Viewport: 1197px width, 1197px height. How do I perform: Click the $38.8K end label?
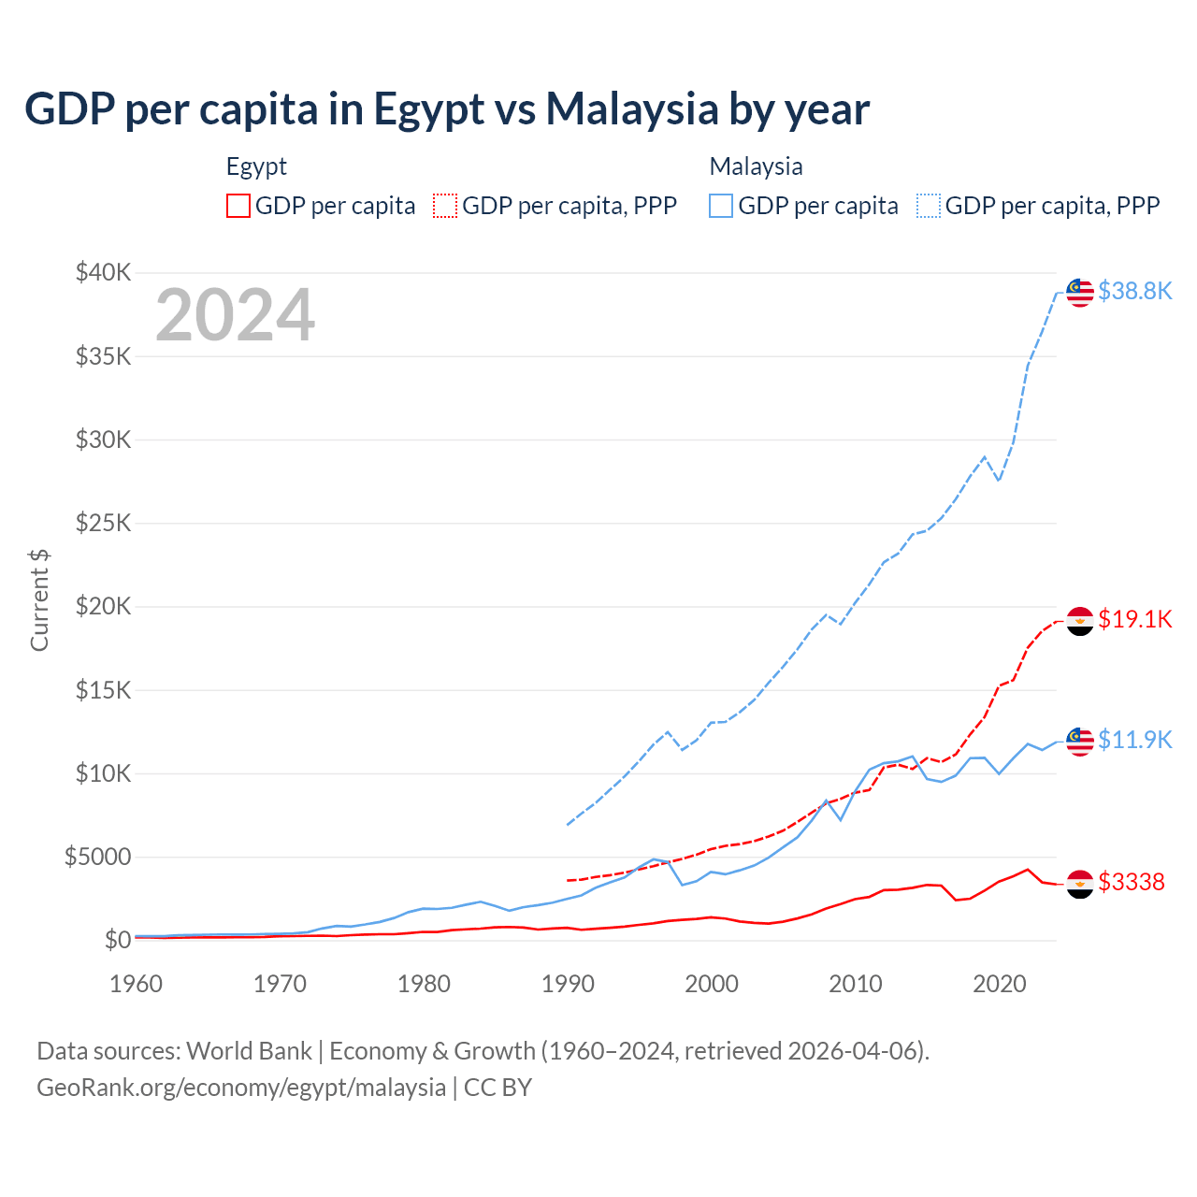(1134, 291)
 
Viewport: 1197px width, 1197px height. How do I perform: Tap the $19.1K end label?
(1134, 619)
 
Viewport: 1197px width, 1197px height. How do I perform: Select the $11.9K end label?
(1134, 740)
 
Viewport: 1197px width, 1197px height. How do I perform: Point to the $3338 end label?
(1131, 882)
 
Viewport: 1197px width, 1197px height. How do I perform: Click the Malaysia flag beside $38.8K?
(1080, 292)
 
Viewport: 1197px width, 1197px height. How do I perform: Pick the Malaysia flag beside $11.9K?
(1080, 741)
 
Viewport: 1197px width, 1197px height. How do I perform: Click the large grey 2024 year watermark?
(235, 315)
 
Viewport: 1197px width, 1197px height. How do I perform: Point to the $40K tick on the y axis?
(103, 273)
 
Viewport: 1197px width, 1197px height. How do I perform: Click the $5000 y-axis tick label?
(97, 858)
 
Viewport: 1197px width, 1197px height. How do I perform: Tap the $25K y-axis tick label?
(103, 523)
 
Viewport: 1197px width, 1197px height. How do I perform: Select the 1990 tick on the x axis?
(568, 984)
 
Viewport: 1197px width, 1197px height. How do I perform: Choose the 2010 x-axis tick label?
(856, 984)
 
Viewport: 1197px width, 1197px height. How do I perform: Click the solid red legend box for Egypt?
(238, 206)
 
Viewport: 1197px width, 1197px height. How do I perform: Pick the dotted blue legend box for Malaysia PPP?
(929, 206)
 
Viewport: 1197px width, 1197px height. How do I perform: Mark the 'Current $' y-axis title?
(39, 599)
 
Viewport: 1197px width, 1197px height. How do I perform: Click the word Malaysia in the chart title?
(632, 108)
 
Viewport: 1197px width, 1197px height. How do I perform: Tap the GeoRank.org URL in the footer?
(241, 1088)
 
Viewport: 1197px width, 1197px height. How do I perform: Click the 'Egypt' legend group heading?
(256, 166)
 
